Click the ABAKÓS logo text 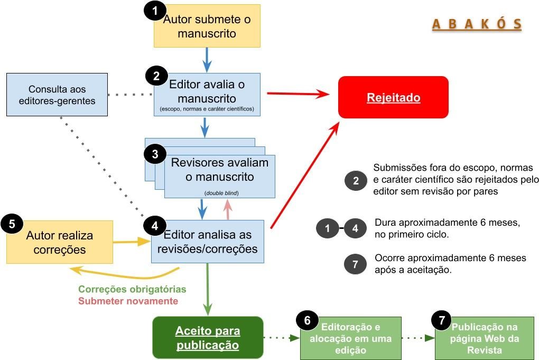coord(477,24)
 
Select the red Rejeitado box coord(393,97)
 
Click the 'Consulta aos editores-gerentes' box coord(57,95)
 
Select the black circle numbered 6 coord(307,320)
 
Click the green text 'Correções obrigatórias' coord(132,290)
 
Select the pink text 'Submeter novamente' coord(128,301)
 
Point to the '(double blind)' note coord(221,193)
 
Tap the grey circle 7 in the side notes coord(355,264)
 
